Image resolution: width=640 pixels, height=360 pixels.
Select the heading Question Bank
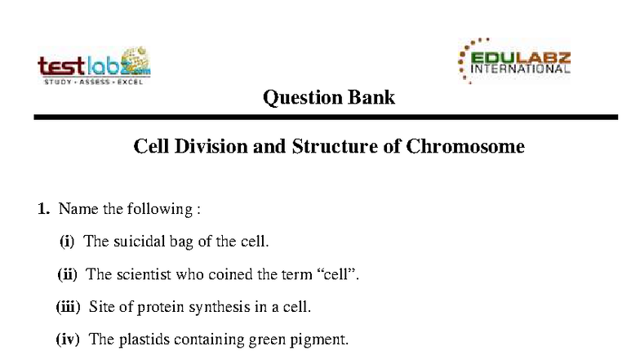pos(329,98)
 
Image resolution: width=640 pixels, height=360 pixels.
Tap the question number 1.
pos(44,209)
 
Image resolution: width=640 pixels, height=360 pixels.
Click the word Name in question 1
pos(78,209)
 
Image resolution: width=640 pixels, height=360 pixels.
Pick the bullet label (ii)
pos(67,274)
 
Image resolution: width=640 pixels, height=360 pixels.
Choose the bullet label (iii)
pos(68,307)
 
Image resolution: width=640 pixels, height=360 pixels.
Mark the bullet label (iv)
pos(68,340)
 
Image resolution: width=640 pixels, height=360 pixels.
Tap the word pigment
pos(322,340)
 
